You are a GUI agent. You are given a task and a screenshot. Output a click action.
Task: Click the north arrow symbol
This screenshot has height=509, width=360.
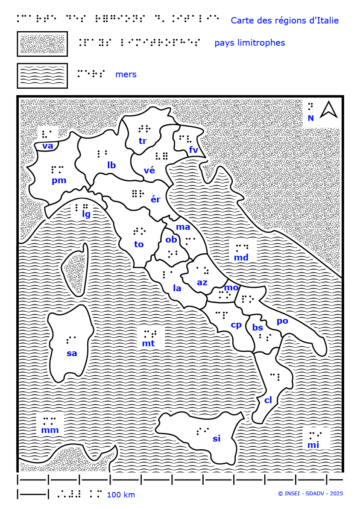point(328,109)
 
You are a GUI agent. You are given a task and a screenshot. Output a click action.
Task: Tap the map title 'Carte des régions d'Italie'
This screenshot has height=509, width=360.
point(284,20)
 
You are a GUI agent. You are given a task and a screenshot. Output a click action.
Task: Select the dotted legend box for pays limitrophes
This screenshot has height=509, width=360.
point(42,44)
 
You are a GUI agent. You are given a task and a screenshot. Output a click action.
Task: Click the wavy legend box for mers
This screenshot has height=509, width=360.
point(42,75)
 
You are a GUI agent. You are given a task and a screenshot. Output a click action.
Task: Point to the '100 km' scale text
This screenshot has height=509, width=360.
point(121,495)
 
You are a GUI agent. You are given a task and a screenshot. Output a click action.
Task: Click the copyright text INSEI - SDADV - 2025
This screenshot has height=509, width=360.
point(310,494)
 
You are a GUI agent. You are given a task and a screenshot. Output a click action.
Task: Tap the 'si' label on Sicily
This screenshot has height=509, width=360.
point(217,439)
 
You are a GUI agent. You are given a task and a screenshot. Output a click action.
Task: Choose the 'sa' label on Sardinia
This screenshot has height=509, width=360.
point(72,353)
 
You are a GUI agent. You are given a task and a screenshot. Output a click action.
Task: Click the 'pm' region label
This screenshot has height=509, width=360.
point(59,180)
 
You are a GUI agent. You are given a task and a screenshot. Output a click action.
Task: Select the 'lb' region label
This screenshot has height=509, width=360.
point(111,165)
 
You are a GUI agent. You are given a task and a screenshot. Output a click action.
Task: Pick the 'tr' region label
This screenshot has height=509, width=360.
point(143,140)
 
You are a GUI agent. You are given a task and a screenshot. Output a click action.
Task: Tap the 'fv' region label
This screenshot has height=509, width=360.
point(193,149)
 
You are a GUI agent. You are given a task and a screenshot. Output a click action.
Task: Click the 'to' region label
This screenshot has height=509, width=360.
point(139,244)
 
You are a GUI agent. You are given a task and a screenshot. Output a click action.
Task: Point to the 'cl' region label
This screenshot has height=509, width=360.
point(268,400)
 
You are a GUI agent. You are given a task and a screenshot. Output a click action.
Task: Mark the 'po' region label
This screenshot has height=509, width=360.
point(282,321)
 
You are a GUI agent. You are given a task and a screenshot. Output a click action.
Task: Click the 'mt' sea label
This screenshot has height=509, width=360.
point(148,343)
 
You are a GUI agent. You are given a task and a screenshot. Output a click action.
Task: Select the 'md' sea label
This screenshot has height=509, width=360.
point(241,257)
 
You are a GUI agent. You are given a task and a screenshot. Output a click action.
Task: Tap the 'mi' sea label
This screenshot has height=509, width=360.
point(313,445)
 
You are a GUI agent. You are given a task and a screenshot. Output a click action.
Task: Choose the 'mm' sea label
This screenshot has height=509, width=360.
point(50,430)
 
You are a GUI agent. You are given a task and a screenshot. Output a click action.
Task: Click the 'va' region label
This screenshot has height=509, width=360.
point(48,146)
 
